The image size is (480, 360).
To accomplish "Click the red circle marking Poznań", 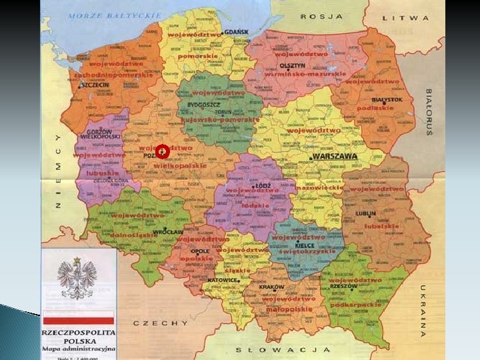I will tap(163, 153).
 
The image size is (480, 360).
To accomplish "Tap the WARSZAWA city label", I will tap(335, 157).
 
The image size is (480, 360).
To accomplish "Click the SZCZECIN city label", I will tap(95, 85).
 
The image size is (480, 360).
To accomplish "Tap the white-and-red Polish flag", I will tap(78, 317).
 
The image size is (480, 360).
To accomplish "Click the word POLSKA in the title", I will tap(78, 341).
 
